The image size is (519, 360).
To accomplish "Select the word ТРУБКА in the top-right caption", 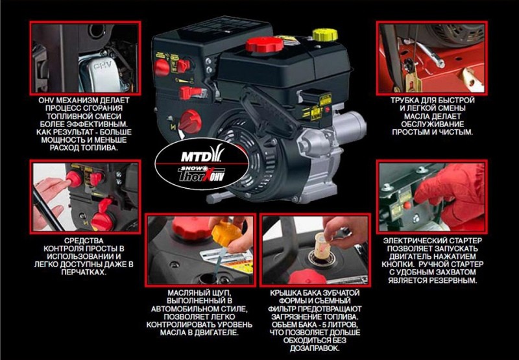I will pos(411,101).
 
